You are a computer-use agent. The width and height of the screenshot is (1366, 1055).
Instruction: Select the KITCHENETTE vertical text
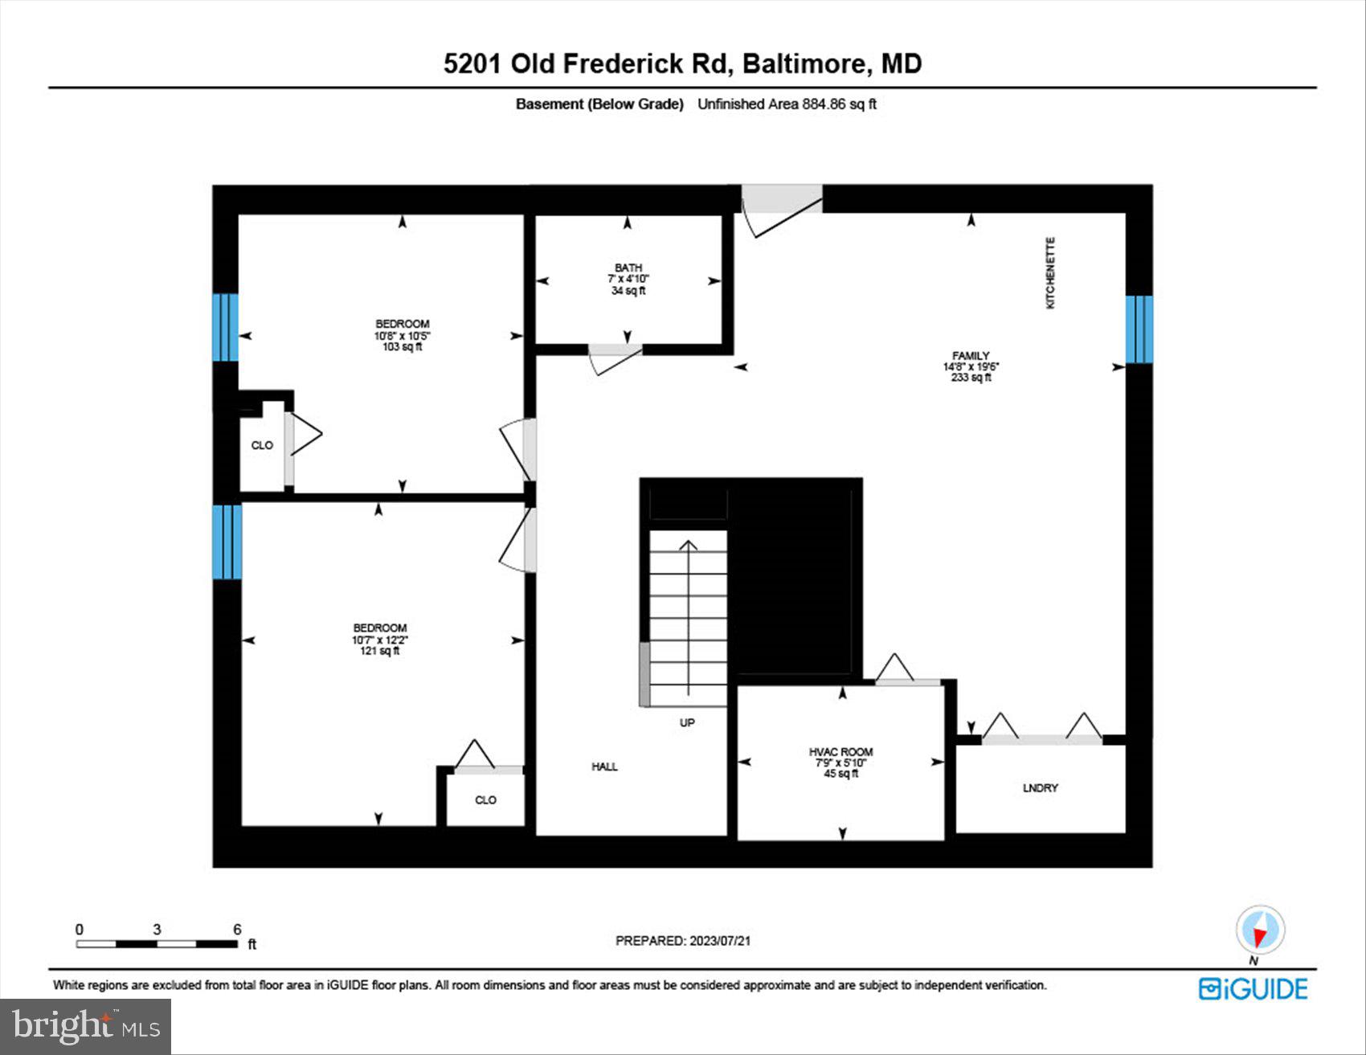click(1050, 273)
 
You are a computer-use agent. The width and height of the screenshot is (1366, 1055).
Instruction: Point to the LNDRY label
click(1040, 788)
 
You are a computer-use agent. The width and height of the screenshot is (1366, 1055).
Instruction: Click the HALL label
click(604, 767)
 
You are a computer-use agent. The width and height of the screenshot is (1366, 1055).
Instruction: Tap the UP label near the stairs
click(687, 722)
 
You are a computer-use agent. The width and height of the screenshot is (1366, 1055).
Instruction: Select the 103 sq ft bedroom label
click(402, 336)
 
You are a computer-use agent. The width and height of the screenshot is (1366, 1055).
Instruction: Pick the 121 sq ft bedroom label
click(379, 640)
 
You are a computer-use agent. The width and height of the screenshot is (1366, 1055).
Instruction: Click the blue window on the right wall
click(1139, 329)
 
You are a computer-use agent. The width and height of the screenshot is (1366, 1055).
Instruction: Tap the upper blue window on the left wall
click(226, 327)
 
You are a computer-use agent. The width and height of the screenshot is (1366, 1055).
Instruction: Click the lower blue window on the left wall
click(227, 542)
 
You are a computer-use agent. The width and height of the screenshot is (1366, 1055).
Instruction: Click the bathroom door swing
click(616, 359)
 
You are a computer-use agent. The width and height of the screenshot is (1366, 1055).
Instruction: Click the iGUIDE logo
click(1253, 989)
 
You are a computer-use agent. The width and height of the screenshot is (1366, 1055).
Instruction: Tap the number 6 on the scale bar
click(237, 930)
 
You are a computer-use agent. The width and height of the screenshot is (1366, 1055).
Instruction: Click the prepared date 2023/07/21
click(682, 941)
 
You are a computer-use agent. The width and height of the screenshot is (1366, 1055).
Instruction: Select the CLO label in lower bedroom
click(485, 800)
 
